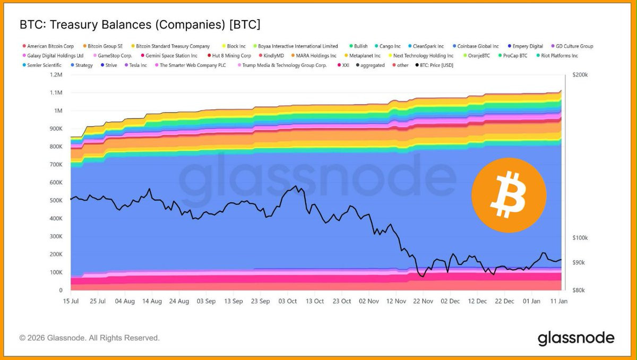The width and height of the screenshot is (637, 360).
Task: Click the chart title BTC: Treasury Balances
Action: (140, 24)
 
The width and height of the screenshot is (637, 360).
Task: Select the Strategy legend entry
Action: (84, 65)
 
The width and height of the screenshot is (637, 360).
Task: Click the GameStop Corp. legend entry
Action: (115, 56)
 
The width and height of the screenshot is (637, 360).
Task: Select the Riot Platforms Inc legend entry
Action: (559, 56)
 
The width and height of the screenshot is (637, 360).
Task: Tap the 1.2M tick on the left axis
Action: (56, 75)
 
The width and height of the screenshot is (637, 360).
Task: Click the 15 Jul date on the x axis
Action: (71, 301)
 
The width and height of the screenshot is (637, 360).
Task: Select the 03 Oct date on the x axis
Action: (288, 301)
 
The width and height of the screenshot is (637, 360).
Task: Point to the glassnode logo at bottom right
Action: (576, 338)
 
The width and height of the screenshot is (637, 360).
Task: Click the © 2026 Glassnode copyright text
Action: (89, 338)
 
